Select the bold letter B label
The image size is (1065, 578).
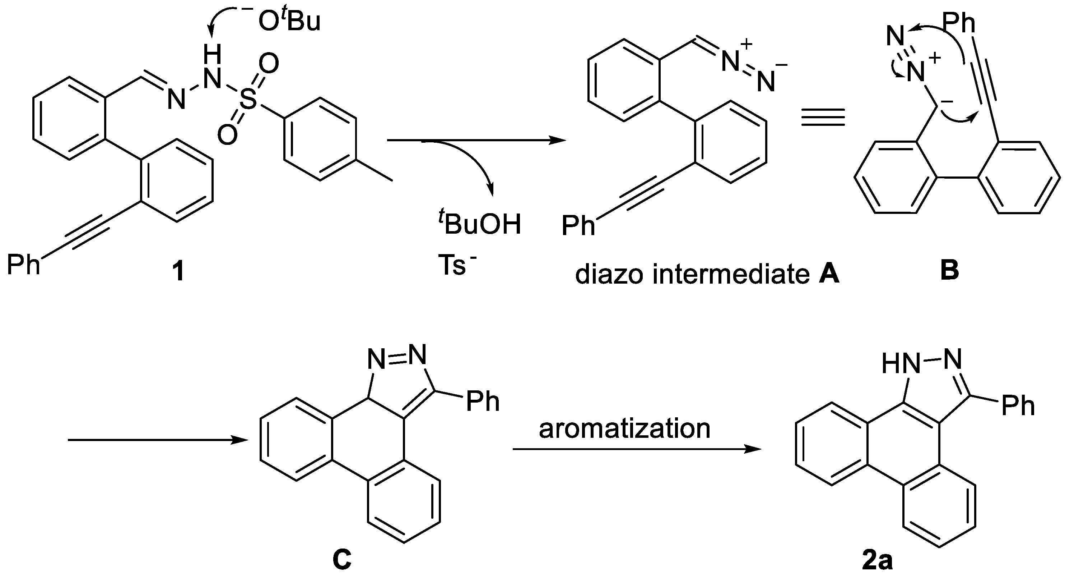coord(949,271)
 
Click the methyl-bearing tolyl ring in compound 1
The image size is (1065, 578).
coord(320,139)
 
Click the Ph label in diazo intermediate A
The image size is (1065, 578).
coord(578,225)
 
